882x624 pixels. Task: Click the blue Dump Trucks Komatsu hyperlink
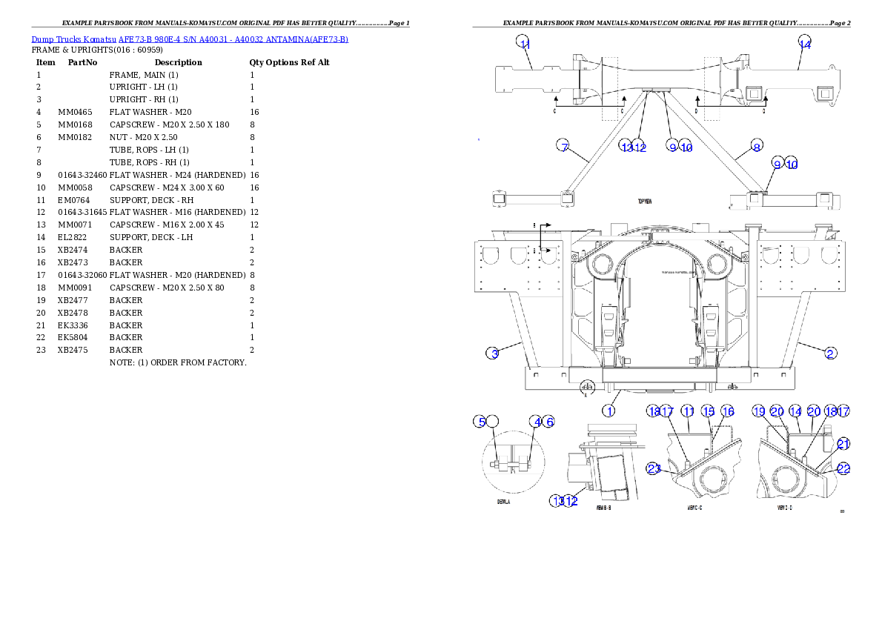tap(190, 39)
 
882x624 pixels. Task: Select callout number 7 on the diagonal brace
tap(564, 146)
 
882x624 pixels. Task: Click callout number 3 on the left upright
tap(493, 353)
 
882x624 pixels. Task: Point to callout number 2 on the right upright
tap(831, 353)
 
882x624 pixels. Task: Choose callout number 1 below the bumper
tap(609, 411)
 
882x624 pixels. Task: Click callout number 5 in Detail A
tap(481, 422)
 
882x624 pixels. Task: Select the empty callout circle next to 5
tap(494, 422)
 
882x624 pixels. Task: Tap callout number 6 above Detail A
tap(548, 422)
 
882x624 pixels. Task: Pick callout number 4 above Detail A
tap(536, 422)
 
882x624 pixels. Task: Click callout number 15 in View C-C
tap(709, 411)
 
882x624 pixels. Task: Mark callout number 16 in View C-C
tap(728, 411)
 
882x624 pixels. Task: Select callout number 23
tap(653, 468)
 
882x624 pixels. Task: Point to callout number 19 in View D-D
tap(758, 411)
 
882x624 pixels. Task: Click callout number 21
tap(843, 444)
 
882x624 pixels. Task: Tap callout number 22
tap(843, 468)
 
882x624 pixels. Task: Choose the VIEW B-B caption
tap(603, 509)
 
